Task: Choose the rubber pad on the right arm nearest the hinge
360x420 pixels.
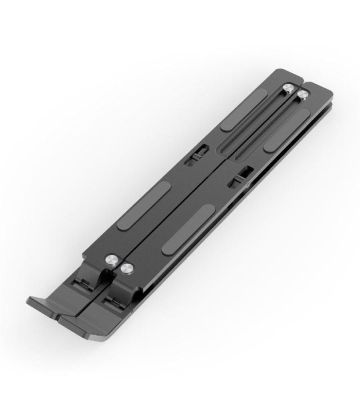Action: coord(188,228)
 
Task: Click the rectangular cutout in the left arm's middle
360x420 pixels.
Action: coord(196,155)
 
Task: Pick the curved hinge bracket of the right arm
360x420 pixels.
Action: coord(126,288)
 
